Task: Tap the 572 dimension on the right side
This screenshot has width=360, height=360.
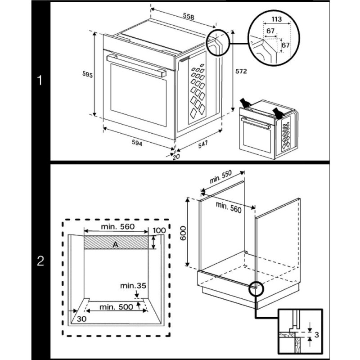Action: point(242,71)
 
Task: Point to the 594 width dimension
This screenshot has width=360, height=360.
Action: point(137,143)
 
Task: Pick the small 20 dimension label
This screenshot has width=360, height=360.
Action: point(176,156)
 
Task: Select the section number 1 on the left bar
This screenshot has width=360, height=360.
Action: point(40,81)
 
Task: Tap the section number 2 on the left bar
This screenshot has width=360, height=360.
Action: point(40,261)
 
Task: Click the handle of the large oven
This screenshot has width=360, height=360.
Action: point(135,64)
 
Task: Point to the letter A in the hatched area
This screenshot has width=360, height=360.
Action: point(116,243)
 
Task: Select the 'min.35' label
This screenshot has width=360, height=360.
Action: point(133,285)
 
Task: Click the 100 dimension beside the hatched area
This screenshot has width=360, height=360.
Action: point(159,231)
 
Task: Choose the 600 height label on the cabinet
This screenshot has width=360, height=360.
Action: point(183,233)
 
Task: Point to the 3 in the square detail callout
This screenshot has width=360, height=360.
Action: point(318,335)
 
